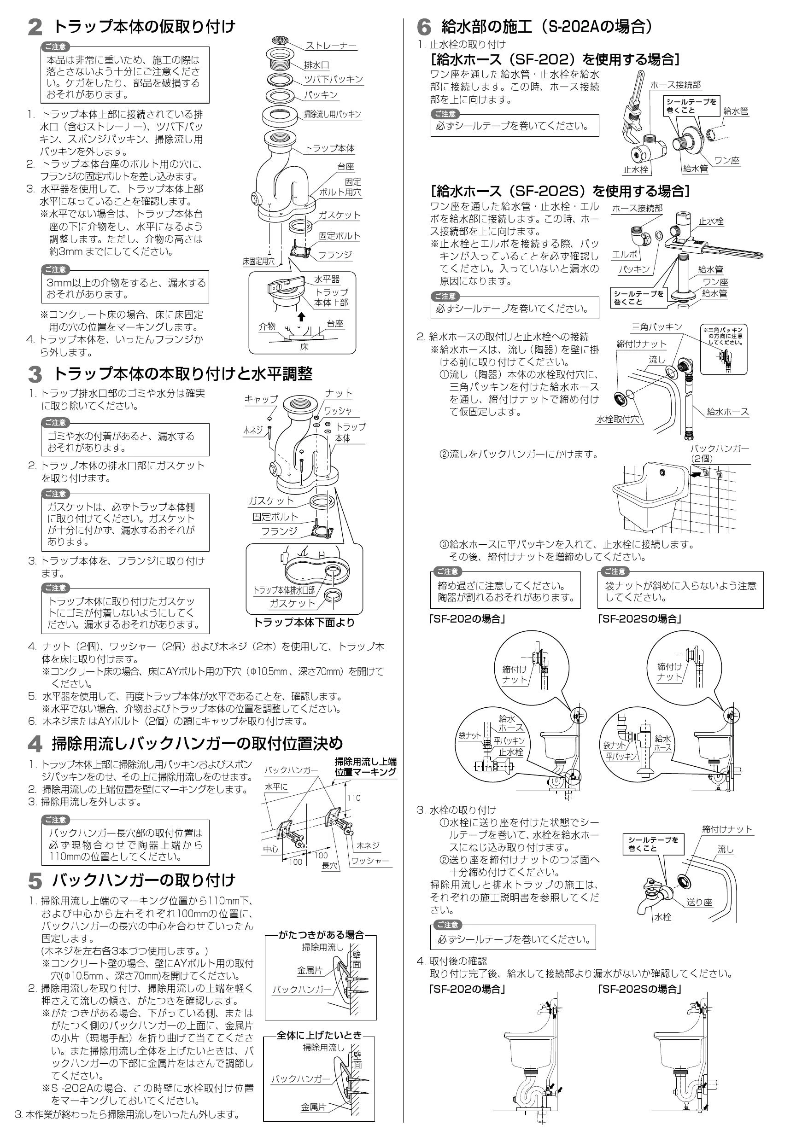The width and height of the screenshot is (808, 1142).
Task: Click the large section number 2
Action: pos(35,28)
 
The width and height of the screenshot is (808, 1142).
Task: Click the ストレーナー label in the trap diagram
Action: pos(331,46)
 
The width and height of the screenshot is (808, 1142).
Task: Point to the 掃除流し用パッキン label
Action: pos(332,114)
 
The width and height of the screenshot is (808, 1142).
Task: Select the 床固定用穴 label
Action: pos(258,261)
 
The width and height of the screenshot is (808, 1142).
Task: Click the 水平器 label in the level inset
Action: pos(327,280)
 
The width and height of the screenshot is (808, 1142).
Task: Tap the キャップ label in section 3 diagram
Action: pos(261,399)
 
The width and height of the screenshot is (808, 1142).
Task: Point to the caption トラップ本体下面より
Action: pos(304,622)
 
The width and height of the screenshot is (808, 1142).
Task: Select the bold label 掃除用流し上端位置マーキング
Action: pos(365,767)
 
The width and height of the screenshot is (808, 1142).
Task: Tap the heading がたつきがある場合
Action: pos(321,935)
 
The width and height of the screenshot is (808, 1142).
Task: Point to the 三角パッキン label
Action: pos(657,327)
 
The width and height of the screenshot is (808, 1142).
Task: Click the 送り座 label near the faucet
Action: pos(700,902)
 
